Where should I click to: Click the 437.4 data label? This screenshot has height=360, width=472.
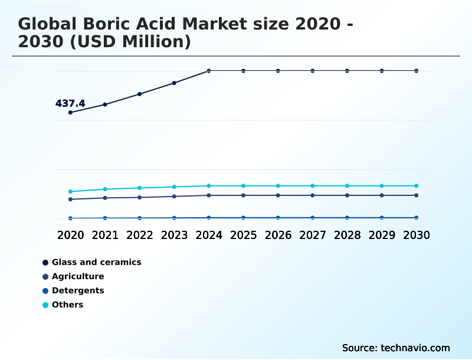tap(70, 104)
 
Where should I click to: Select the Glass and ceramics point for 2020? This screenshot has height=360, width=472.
tap(70, 112)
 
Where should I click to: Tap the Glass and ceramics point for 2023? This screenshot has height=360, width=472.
tap(174, 83)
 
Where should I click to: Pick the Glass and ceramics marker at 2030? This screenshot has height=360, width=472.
tap(417, 71)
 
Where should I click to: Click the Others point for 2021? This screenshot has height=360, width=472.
tap(105, 189)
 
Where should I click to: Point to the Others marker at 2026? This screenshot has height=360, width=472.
tap(278, 186)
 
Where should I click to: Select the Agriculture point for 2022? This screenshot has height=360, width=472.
tap(140, 197)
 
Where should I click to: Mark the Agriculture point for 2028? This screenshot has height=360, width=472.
tap(347, 195)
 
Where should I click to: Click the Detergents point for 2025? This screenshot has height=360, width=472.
tap(243, 218)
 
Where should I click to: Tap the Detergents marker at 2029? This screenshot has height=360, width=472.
tap(382, 218)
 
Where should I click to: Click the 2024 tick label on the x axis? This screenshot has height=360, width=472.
tap(209, 235)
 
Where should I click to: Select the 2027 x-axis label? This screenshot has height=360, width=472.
tap(313, 235)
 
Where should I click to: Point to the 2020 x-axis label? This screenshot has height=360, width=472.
tap(70, 235)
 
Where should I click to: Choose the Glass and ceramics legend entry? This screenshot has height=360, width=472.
tap(96, 262)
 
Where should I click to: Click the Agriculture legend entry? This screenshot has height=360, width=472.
tap(78, 276)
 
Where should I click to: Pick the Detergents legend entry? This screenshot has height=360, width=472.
tap(78, 290)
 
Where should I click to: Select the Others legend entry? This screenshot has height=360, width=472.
tap(67, 305)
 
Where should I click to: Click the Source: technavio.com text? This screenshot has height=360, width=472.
tap(396, 348)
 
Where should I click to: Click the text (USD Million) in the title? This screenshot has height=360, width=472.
tap(125, 42)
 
